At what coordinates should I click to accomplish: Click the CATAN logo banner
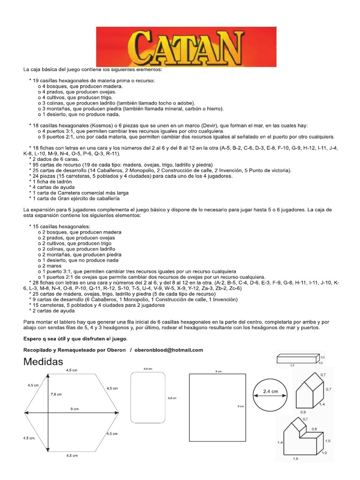click(x=186, y=46)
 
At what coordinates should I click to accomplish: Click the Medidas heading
click(x=43, y=361)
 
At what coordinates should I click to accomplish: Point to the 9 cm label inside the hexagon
click(x=75, y=409)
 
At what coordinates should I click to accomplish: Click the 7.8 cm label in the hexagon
click(x=56, y=394)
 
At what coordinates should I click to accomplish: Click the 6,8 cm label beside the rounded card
click(x=172, y=398)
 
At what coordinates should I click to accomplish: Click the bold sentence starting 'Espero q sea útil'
click(x=75, y=338)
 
